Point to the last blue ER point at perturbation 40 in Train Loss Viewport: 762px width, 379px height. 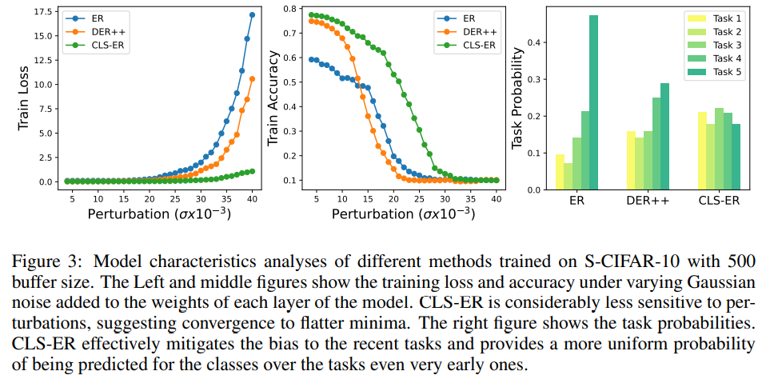tap(253, 14)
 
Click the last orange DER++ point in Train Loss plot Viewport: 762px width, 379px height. tap(253, 78)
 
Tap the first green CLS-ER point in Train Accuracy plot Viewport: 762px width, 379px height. tap(313, 14)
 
